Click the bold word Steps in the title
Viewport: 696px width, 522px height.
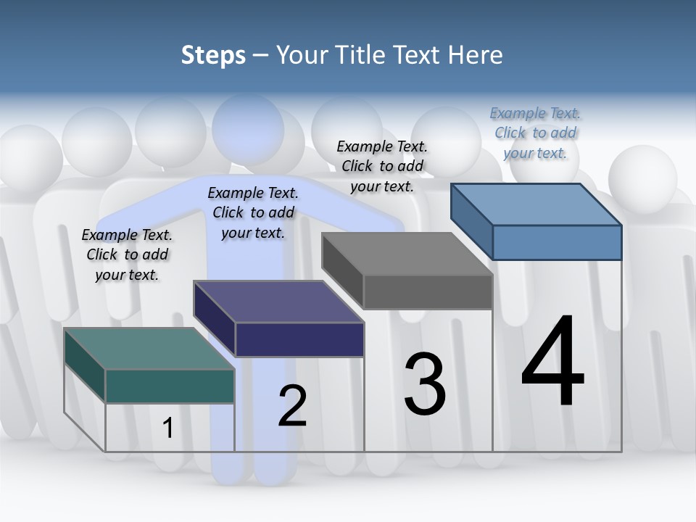[213, 55]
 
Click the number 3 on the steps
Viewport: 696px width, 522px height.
[425, 384]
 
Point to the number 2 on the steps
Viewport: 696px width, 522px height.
[292, 406]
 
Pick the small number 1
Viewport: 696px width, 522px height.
[168, 428]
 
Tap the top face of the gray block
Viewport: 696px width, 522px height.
[407, 254]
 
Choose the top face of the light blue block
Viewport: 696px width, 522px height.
[536, 204]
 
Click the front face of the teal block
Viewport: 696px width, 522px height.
[170, 386]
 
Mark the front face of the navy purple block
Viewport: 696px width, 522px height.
[299, 339]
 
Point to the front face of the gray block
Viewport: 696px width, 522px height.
[428, 292]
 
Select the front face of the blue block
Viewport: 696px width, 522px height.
[557, 242]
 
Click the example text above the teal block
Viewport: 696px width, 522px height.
[127, 254]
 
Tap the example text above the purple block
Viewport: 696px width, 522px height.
[253, 212]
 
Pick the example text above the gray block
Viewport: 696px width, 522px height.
[382, 166]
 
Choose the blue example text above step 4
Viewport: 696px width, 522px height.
[536, 133]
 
